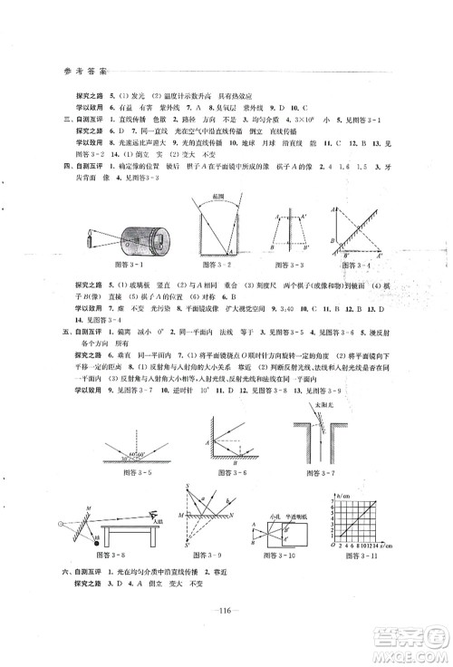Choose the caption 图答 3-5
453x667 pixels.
click(x=140, y=470)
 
